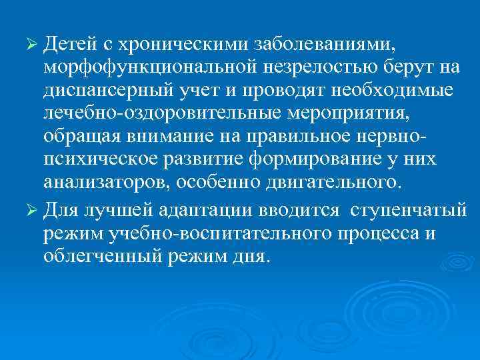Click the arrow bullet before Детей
(31, 44)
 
